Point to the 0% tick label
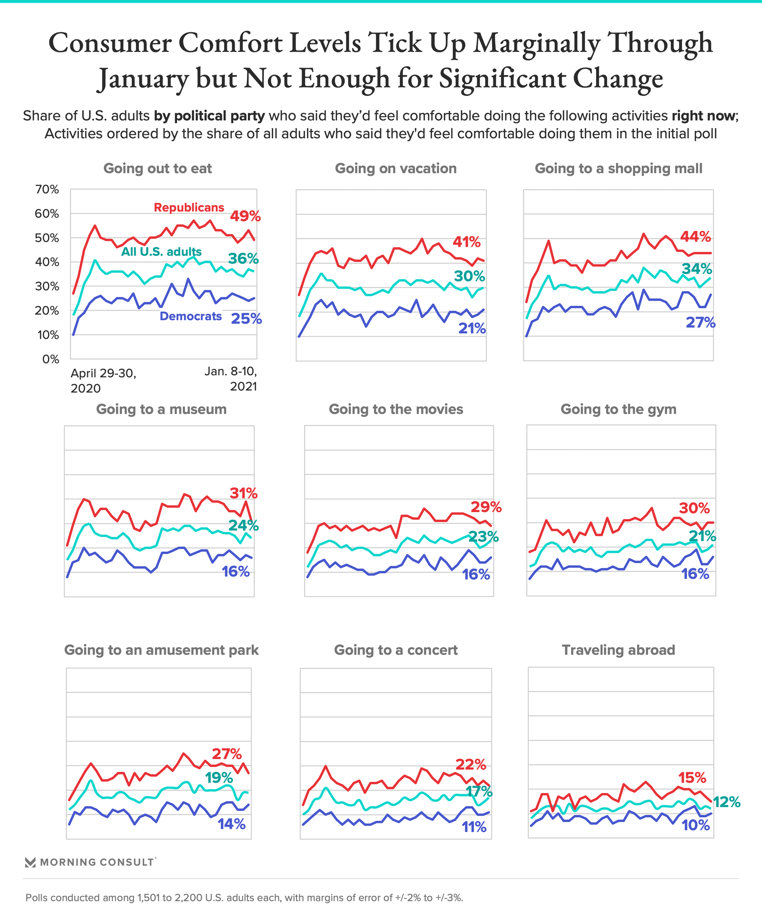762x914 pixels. (x=50, y=359)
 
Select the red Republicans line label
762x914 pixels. (x=189, y=207)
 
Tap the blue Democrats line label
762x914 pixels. (x=191, y=317)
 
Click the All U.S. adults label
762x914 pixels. (x=161, y=252)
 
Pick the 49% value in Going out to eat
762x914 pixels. (x=245, y=216)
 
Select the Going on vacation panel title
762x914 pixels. (x=395, y=169)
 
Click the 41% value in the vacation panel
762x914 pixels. (x=466, y=242)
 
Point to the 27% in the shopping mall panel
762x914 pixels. (x=700, y=323)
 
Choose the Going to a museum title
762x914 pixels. (x=161, y=409)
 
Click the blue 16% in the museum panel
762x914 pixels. (x=236, y=572)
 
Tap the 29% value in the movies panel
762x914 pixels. (x=486, y=507)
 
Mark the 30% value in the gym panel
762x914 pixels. (x=694, y=508)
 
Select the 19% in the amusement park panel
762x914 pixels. (x=219, y=777)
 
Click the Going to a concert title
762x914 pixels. (x=395, y=650)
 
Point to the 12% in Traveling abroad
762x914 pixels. (x=727, y=802)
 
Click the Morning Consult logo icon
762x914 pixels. (x=30, y=862)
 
